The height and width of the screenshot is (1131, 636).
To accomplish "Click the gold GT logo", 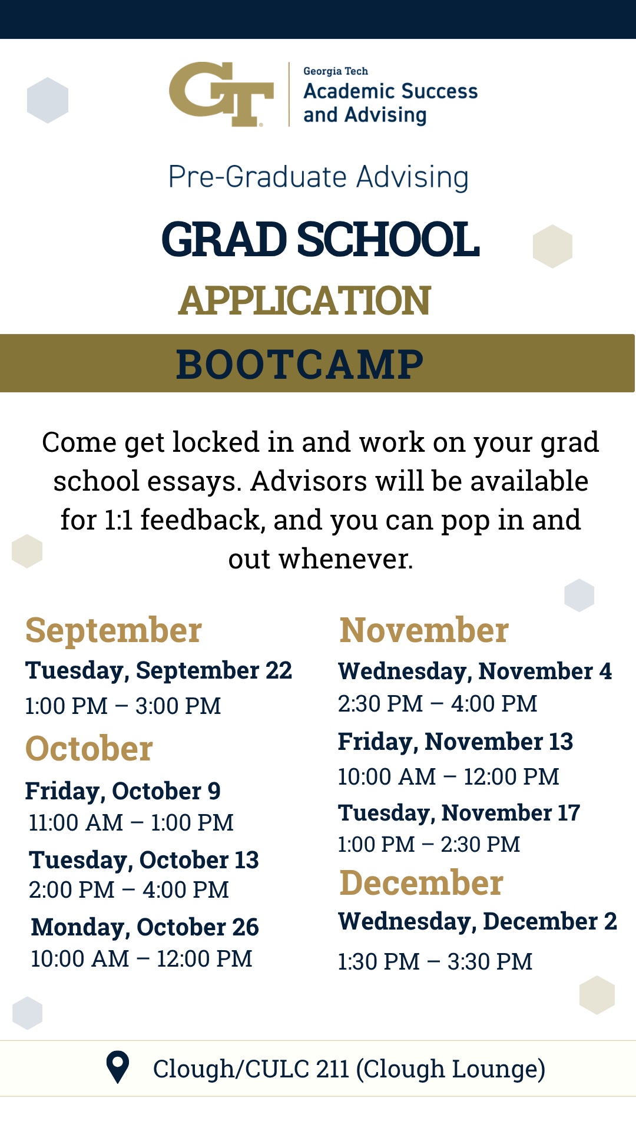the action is coord(221,94).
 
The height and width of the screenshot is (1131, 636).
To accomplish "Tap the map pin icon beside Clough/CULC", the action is coord(118,1067).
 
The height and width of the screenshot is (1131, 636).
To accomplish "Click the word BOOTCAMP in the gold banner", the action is coord(300,364).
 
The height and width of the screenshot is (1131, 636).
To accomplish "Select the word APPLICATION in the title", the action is coord(304,300).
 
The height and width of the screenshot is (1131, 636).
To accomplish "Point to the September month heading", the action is coord(114,631).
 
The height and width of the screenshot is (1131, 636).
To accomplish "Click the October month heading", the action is coord(89,749).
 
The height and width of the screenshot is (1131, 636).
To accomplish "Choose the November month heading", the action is coord(424,630).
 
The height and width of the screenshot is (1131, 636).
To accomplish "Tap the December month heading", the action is coord(422,882).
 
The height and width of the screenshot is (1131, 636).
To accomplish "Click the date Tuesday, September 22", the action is coord(158,670).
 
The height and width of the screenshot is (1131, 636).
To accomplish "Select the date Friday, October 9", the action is coord(122,791).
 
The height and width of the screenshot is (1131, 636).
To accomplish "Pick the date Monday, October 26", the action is coord(145,927).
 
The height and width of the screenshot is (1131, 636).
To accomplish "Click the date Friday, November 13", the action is coord(455,742).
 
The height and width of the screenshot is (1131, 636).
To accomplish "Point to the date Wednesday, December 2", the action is coord(478,921).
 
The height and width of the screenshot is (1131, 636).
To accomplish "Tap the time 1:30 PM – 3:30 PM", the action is coord(435,961).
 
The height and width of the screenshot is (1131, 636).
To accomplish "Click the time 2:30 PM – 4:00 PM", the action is coord(438,703).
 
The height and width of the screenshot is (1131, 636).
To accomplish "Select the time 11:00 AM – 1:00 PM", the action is coord(131,822).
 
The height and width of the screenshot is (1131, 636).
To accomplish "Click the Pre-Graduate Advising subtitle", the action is coord(319,177).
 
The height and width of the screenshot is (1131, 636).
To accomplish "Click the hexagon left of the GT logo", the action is coord(48,100).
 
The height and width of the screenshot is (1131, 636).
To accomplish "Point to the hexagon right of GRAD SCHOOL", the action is coord(552,246).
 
